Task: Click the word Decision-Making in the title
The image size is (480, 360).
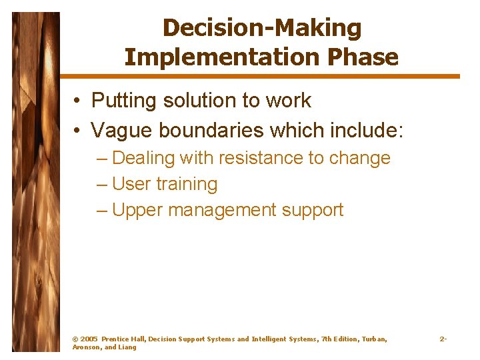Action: tap(261, 28)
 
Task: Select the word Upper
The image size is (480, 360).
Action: tap(137, 210)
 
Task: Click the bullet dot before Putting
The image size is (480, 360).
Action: tap(78, 101)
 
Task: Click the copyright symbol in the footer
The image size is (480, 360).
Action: tap(75, 339)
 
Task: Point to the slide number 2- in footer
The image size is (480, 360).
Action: tap(443, 339)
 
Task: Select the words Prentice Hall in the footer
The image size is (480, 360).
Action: tap(123, 339)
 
